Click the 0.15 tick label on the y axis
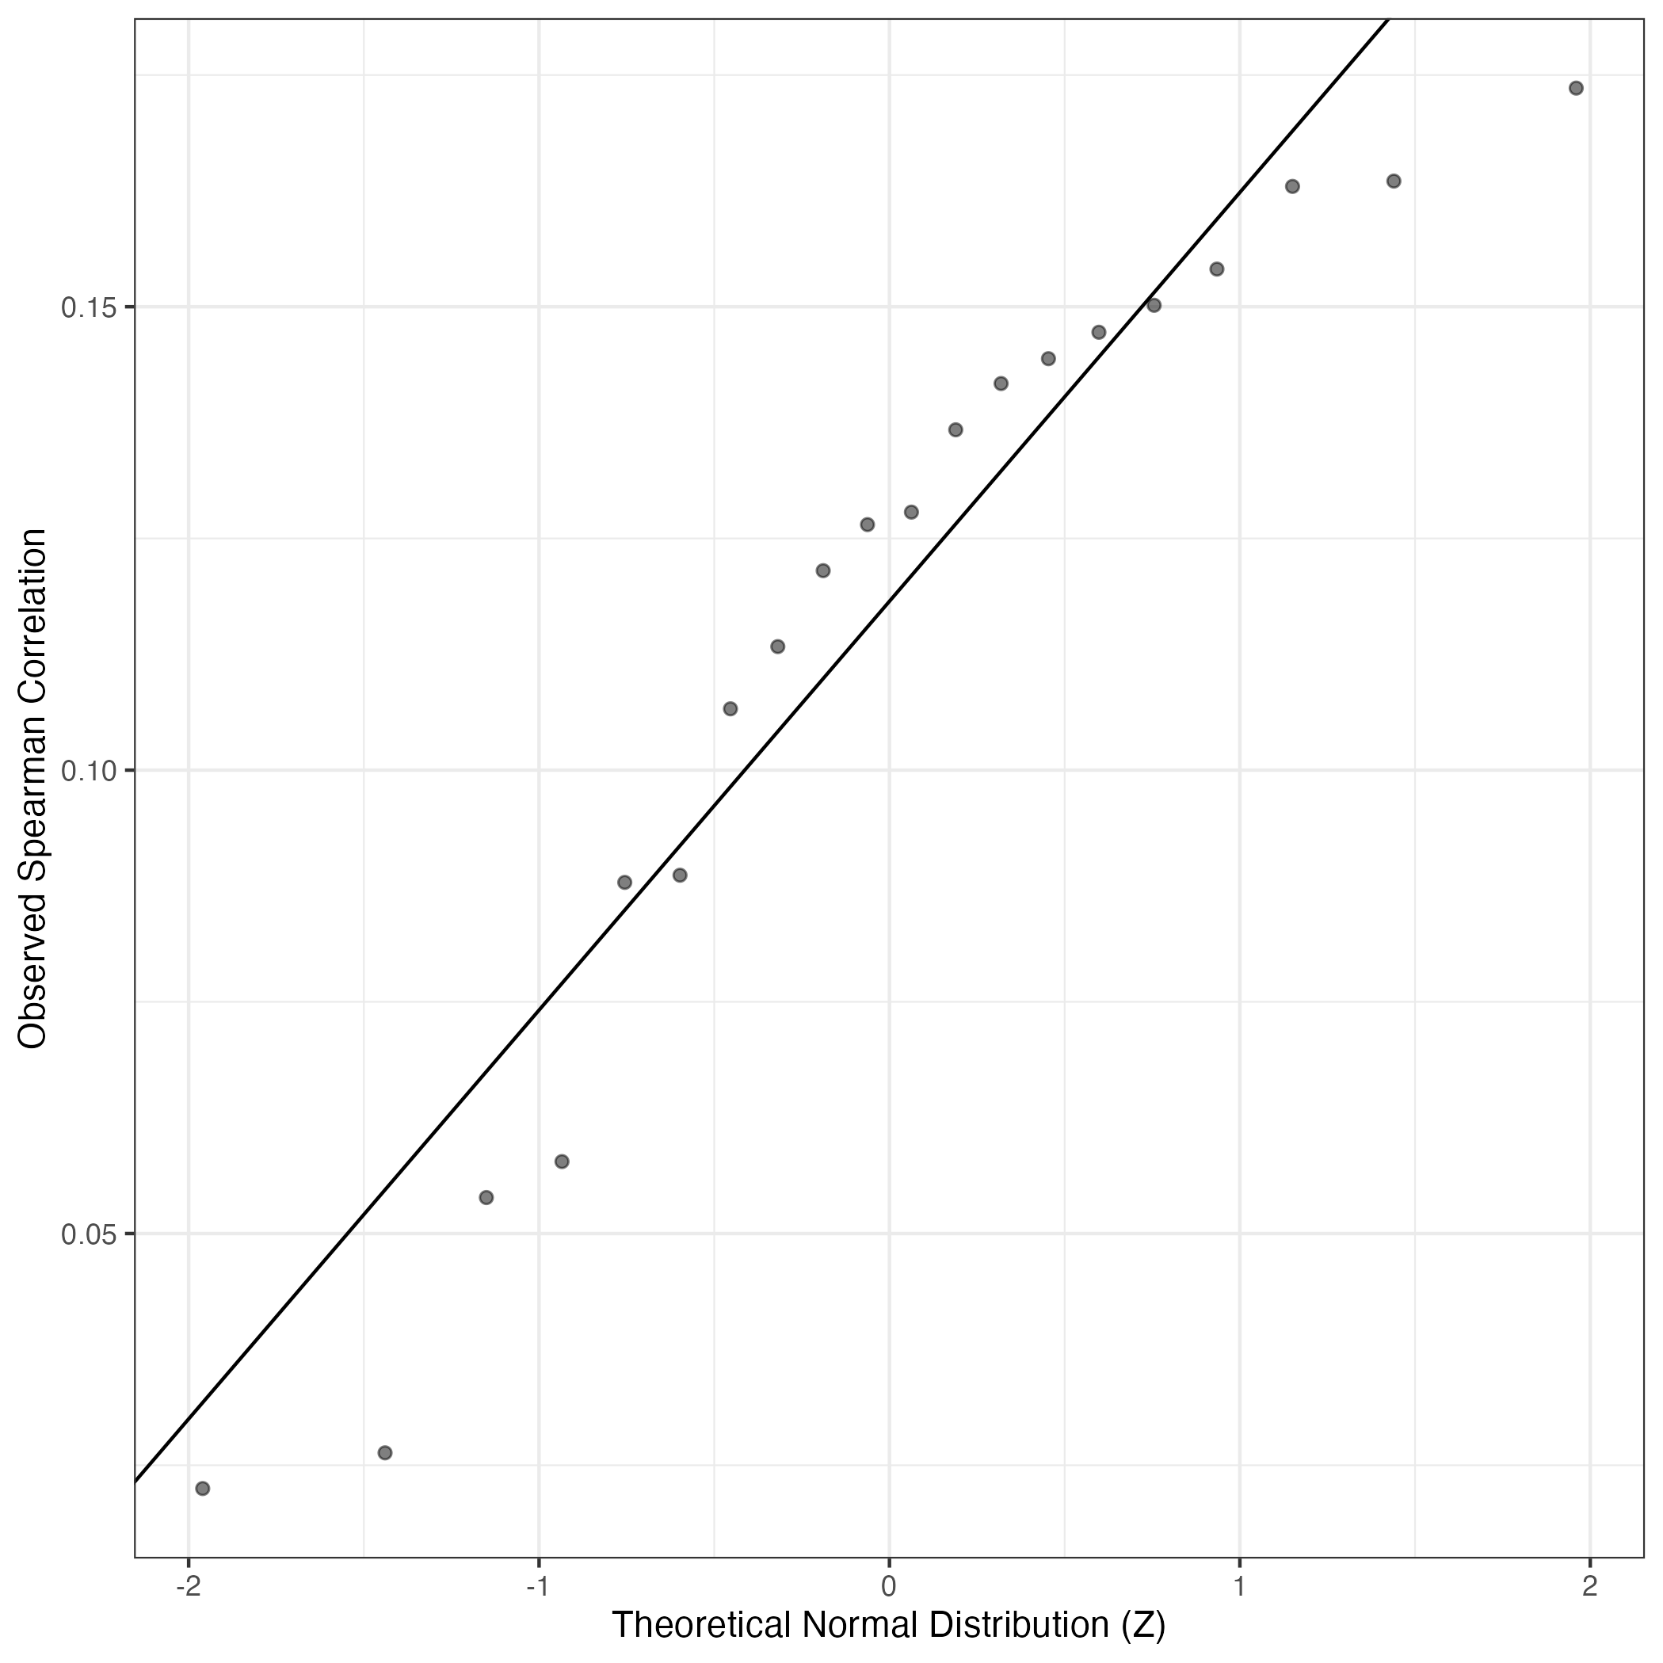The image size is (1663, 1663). (87, 307)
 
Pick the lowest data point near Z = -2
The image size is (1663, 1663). (203, 1488)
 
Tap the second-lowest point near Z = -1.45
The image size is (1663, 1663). (385, 1453)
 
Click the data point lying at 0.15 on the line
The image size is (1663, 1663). (1154, 305)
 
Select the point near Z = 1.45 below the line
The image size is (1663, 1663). (1394, 181)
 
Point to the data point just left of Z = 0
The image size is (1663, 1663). (868, 524)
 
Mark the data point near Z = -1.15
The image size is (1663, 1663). (486, 1197)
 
